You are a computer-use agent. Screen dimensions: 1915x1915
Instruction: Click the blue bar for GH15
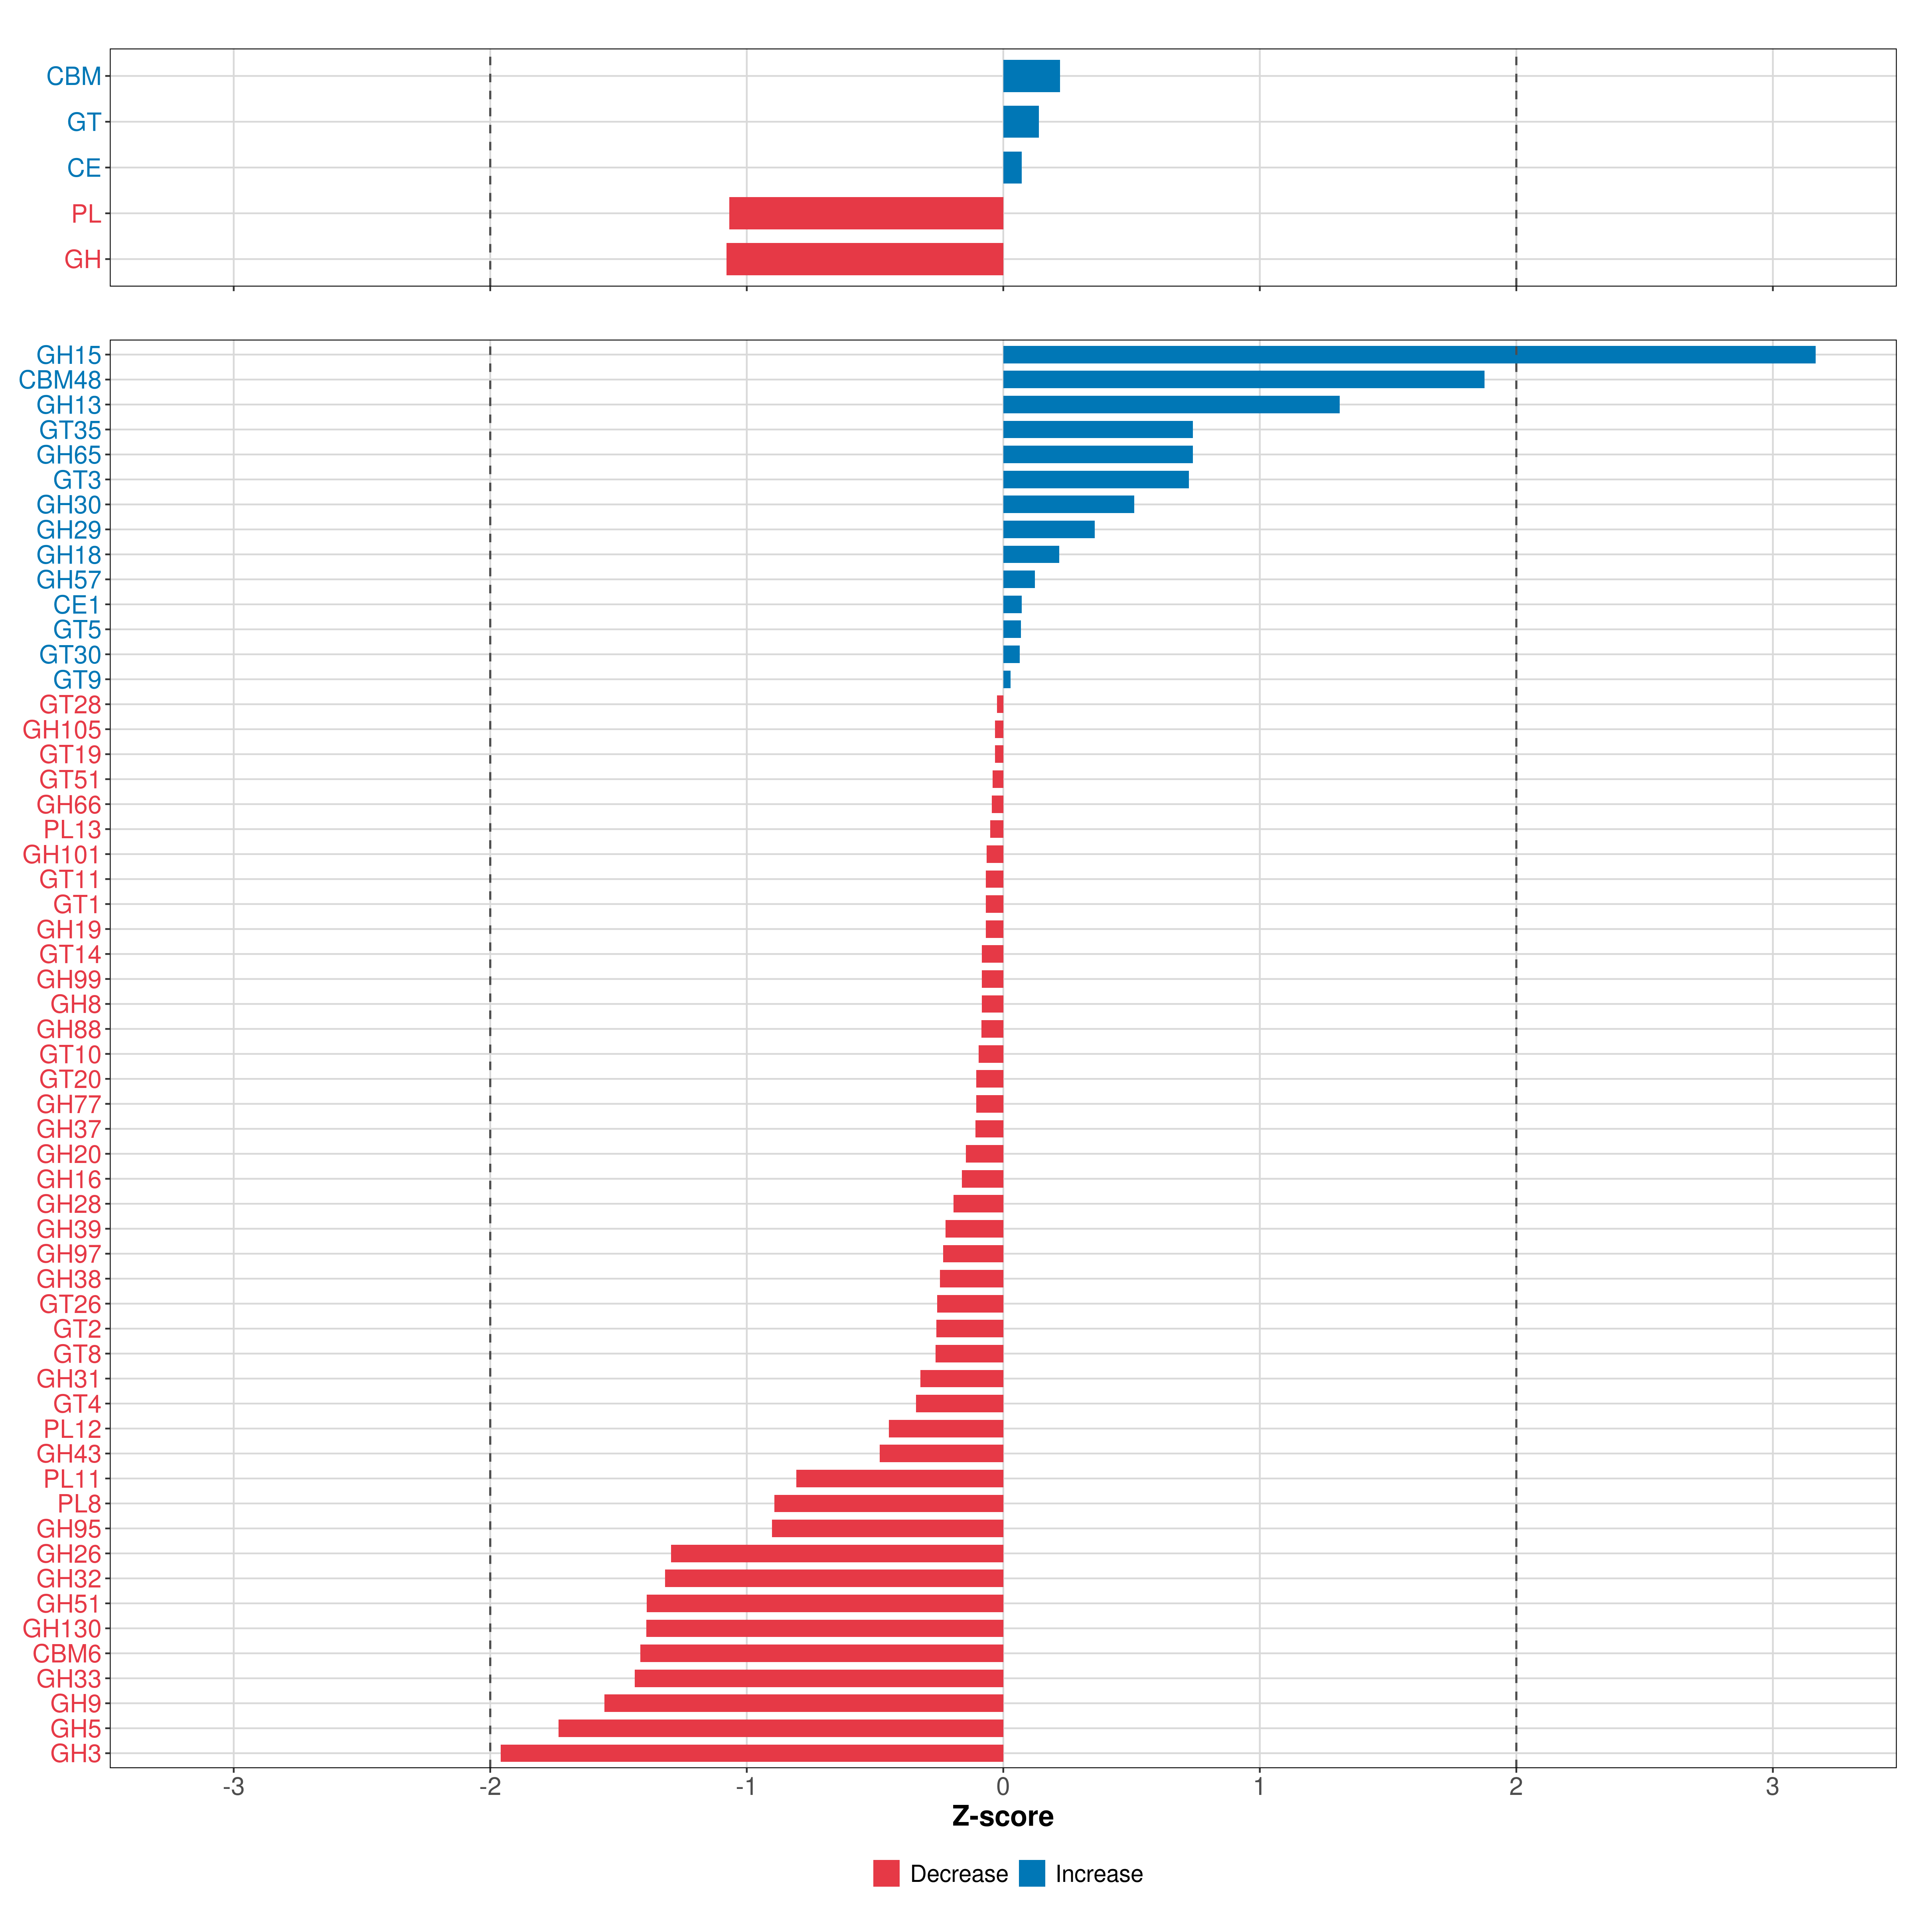point(1408,355)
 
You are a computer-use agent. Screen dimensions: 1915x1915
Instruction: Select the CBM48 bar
point(1243,380)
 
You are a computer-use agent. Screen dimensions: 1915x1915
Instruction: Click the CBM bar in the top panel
point(1031,76)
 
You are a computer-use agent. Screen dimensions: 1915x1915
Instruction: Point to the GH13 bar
point(1171,405)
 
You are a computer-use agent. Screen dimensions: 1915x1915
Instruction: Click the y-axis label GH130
point(61,1629)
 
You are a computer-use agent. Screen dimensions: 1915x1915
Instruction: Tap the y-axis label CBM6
point(66,1653)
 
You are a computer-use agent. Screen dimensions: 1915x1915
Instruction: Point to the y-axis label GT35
point(69,430)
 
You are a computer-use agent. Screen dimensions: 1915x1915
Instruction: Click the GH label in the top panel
point(82,260)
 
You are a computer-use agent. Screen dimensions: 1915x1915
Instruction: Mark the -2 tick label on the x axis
point(489,1787)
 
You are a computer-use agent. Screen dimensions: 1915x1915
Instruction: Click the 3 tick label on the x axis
point(1772,1787)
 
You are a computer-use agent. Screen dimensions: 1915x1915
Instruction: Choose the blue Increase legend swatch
point(1032,1874)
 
